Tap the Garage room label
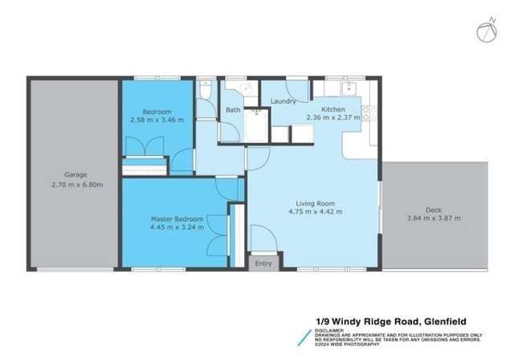click(75, 174)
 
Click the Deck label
click(434, 208)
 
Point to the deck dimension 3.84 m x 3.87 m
click(434, 218)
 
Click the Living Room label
click(315, 202)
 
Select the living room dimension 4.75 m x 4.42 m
click(315, 212)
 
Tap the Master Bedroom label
click(177, 218)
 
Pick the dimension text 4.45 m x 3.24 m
click(177, 227)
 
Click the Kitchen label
click(333, 109)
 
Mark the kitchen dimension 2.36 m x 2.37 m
click(333, 118)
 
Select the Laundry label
click(283, 101)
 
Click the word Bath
click(233, 110)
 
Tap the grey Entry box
click(263, 264)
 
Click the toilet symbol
click(206, 94)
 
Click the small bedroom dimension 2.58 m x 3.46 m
click(157, 120)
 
